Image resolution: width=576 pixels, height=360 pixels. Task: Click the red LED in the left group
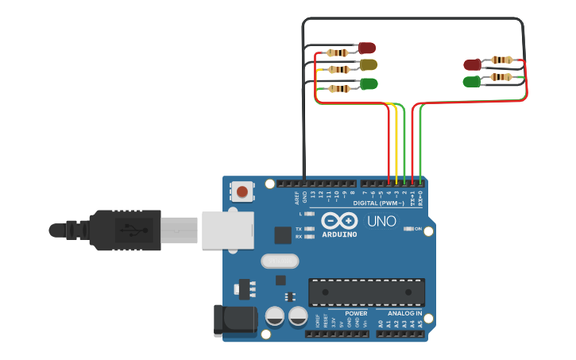pos(366,48)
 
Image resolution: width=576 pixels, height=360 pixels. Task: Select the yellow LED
pos(368,64)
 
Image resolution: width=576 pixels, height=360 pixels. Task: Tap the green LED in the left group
pos(369,83)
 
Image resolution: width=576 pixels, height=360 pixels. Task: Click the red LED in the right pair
pos(472,64)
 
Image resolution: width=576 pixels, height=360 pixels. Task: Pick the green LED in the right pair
pos(472,81)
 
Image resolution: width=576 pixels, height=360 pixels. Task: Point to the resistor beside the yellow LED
pos(339,70)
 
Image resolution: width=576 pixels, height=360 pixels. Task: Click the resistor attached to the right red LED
pos(501,60)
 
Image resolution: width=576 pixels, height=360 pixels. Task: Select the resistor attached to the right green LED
pos(501,77)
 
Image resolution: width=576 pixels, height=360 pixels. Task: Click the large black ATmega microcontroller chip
pos(366,292)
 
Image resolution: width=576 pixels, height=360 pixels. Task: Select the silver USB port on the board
pos(227,230)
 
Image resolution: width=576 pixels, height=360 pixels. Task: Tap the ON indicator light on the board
pos(408,229)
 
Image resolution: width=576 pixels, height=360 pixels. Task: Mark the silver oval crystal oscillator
pos(280,261)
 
